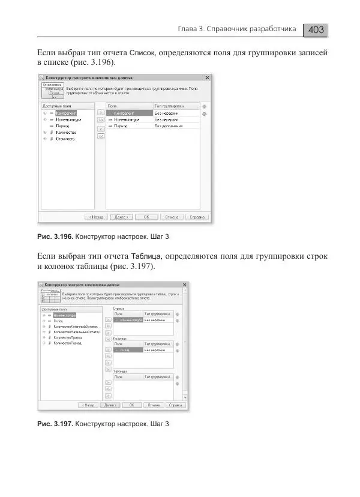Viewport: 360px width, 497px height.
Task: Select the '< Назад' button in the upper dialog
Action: pos(97,217)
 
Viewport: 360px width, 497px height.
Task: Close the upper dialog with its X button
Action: pos(207,78)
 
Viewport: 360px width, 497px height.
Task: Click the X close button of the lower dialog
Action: pos(185,285)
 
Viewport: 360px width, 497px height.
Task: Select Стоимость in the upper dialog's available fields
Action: pos(65,139)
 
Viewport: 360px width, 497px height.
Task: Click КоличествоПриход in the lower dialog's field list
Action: pos(67,337)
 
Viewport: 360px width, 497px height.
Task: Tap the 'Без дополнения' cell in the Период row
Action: pos(168,126)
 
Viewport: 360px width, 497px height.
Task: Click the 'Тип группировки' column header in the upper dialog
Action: pos(170,105)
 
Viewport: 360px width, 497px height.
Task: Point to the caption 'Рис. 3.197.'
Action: pos(56,424)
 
